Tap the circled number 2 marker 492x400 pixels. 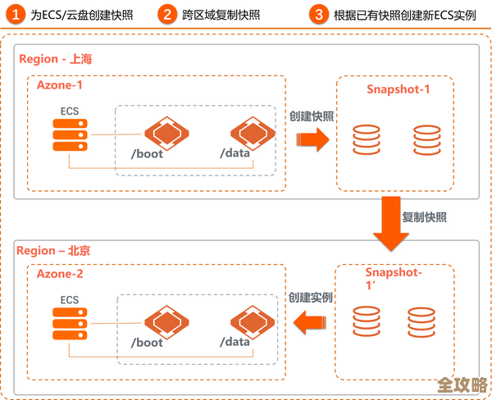[167, 13]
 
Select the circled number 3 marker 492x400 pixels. [319, 13]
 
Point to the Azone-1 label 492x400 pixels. [60, 84]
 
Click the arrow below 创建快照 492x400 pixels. [312, 139]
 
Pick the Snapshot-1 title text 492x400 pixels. [398, 89]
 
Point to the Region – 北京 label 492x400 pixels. [54, 249]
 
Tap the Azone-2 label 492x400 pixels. [60, 274]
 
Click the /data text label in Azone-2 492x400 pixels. [235, 342]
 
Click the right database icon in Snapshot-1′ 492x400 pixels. [420, 322]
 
